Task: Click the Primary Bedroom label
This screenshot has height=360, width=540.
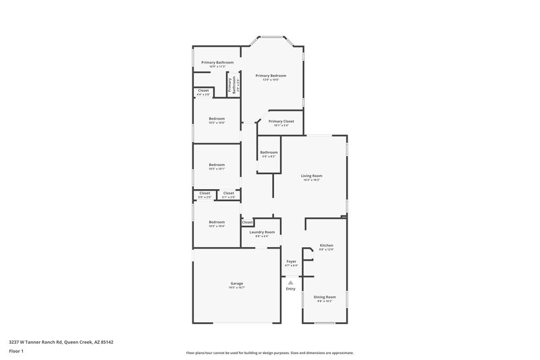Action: click(x=271, y=76)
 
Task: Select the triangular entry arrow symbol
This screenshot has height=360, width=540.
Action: click(x=291, y=283)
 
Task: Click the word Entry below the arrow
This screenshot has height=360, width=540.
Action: click(x=291, y=289)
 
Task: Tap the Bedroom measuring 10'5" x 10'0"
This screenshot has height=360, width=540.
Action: click(x=217, y=119)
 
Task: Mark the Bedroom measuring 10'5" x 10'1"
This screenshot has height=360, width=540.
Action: click(x=217, y=165)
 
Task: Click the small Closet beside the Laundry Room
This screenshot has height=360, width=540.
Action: click(x=247, y=222)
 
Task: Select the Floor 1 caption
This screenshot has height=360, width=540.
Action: click(x=16, y=351)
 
